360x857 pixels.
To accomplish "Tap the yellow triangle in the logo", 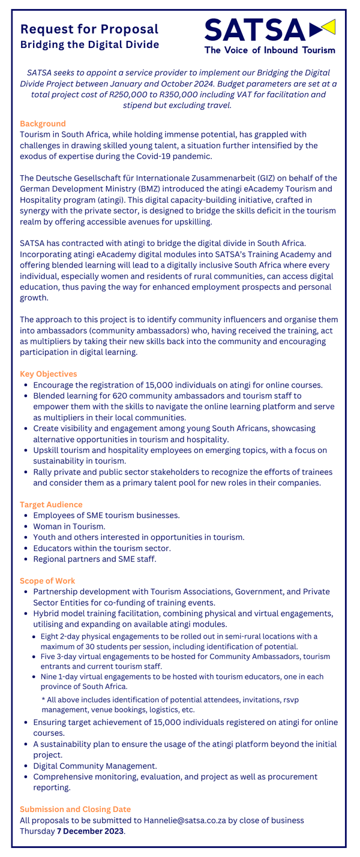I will pos(328,27).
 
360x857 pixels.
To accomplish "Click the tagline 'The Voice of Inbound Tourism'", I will pos(269,50).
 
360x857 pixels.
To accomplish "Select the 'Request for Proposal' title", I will pos(89,29).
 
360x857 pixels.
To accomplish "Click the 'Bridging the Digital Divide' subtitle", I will pos(89,44).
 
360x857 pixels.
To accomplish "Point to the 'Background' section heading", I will pos(43,124).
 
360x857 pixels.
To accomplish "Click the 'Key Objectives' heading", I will pos(48,374).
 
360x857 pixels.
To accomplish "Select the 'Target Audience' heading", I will pos(51,504).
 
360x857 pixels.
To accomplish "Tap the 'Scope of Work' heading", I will pos(47,581).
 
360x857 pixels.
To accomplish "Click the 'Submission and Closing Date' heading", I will pos(75,809).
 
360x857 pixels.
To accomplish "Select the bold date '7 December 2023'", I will pos(90,831).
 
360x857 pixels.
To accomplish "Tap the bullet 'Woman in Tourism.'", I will pos(69,526).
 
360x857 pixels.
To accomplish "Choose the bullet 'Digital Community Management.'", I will pos(95,766).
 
